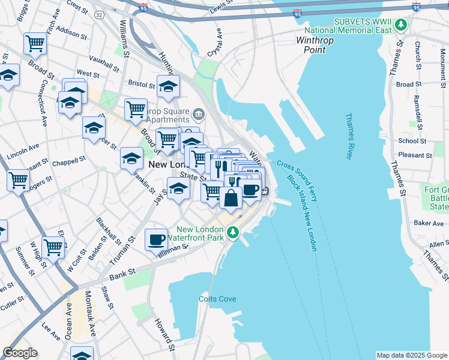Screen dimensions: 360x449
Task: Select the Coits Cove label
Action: point(217,299)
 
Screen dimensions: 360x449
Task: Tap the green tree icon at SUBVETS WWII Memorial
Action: point(400,25)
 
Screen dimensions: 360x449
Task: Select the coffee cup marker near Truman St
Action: point(156,239)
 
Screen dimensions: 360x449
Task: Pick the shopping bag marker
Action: point(231,197)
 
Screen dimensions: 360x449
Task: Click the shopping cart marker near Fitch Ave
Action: point(35,43)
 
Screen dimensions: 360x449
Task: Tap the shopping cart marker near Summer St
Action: point(53,246)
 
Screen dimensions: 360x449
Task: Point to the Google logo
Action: point(20,353)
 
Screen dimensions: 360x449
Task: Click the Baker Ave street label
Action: point(428,223)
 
